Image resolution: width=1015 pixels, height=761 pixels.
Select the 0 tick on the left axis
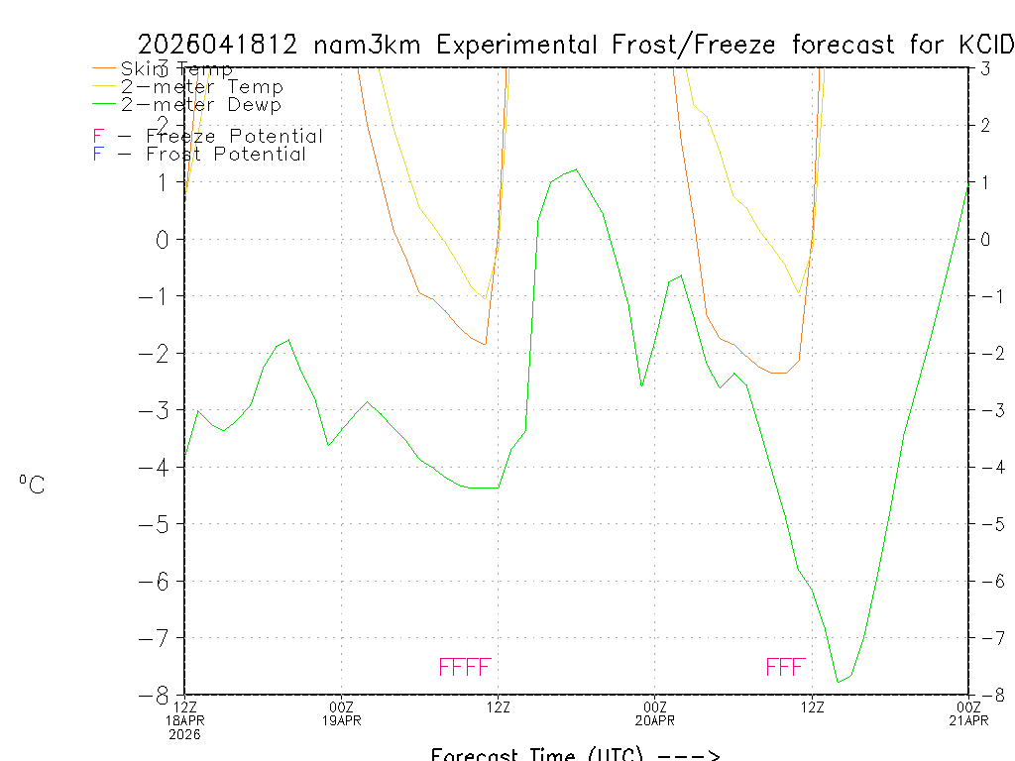click(x=165, y=239)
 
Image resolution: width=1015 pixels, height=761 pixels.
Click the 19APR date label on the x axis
click(x=342, y=720)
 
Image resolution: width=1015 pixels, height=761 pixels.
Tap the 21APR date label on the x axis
click(x=967, y=720)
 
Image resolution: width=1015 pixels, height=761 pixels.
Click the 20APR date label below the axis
click(x=655, y=720)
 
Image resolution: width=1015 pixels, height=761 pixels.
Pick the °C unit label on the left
click(x=32, y=485)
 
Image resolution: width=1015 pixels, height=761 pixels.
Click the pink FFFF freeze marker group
click(x=465, y=667)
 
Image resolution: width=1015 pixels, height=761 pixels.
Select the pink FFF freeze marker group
click(x=785, y=667)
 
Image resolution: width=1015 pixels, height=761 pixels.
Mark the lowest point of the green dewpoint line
click(x=839, y=682)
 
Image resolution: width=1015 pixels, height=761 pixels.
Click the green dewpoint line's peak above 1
click(x=577, y=169)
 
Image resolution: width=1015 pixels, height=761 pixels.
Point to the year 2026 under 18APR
click(x=184, y=734)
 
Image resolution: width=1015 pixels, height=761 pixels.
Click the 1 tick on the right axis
click(x=985, y=182)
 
